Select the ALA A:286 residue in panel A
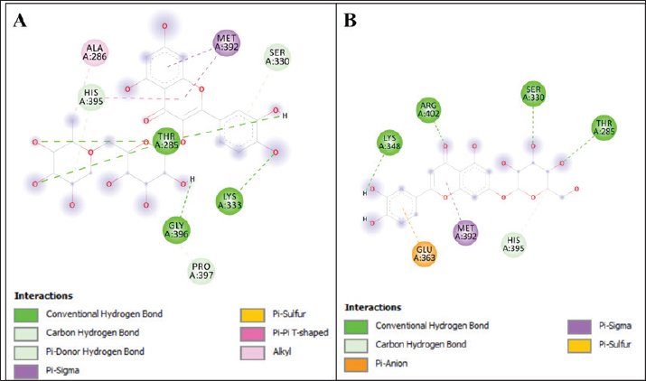(95, 54)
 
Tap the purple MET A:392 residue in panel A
(227, 42)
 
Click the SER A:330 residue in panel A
(279, 57)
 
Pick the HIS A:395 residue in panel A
(90, 96)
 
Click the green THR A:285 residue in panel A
(164, 141)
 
